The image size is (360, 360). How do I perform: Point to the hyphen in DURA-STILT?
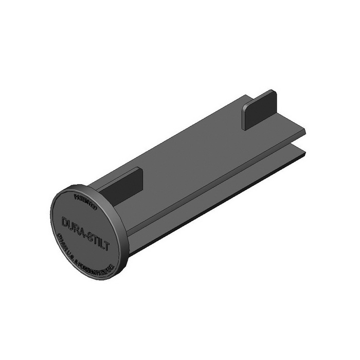tap(84, 232)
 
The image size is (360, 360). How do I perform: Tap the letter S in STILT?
tap(88, 235)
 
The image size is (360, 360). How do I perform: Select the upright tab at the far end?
tap(259, 110)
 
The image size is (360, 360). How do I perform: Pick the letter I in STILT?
tap(98, 239)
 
